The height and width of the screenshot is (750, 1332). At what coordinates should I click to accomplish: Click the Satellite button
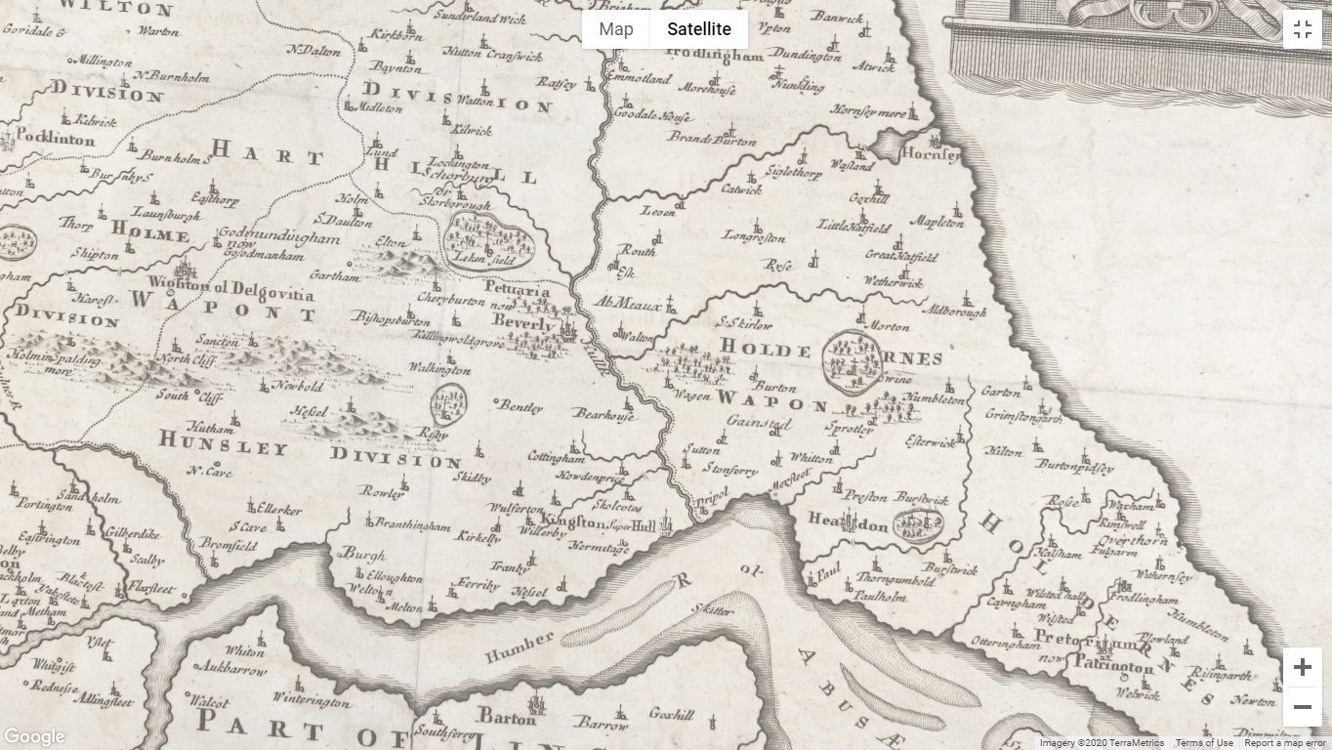698,29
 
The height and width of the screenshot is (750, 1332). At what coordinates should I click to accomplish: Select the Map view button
616,29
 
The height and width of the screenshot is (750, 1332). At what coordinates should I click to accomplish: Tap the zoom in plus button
1302,668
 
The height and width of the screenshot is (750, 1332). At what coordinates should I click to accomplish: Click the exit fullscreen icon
1302,29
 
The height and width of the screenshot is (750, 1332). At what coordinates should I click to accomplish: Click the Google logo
34,737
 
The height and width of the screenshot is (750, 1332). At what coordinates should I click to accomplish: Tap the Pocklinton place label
56,139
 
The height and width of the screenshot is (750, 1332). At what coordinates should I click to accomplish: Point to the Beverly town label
521,322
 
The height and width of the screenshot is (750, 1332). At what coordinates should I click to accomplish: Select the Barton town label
507,719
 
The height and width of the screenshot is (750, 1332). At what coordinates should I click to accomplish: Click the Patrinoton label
1113,665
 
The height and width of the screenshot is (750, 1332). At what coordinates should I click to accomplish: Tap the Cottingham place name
556,457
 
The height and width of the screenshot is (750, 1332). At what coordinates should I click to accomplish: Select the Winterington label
311,701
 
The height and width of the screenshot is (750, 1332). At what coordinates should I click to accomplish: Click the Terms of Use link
1204,743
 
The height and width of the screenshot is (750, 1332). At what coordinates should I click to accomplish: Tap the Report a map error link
1285,743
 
